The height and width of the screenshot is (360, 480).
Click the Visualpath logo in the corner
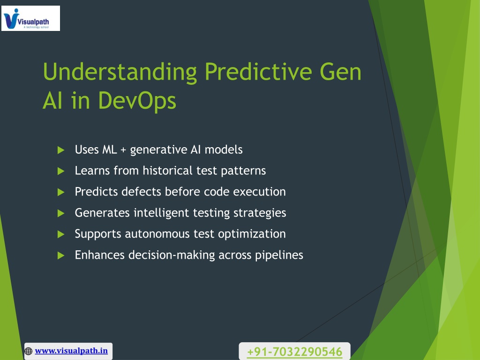30,18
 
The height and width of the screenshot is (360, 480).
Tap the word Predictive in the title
258,72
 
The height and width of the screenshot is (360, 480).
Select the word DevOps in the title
137,101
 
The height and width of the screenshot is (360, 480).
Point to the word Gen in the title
341,72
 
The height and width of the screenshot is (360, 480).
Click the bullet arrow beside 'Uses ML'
61,150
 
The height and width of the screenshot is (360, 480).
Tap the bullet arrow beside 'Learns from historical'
61,171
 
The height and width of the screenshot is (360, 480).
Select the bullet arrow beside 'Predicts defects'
61,192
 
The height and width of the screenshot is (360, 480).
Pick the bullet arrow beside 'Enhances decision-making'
61,255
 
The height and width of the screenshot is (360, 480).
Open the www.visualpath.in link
71,351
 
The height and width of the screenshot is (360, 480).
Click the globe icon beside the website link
29,351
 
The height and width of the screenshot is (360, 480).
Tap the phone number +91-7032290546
294,352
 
